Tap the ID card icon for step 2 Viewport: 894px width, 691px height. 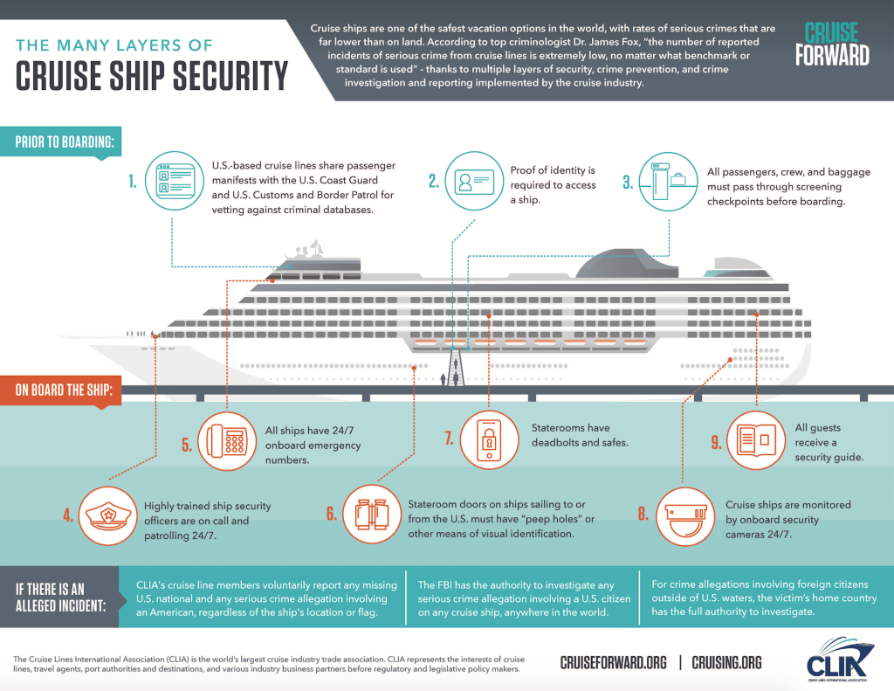471,182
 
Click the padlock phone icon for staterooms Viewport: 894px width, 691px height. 490,440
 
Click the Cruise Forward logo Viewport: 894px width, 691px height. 832,44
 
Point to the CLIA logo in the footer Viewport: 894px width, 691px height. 836,661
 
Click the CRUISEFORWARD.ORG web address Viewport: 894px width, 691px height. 613,663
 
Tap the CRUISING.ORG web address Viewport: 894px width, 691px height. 726,663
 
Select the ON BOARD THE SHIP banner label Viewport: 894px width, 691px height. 63,389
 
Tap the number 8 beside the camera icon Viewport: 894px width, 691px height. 643,515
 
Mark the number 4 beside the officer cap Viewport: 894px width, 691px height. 67,515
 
